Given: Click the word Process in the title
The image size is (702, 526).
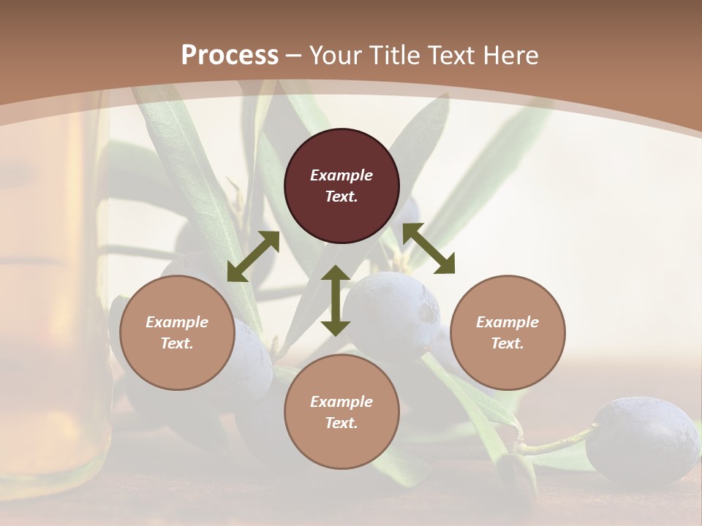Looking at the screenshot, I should [230, 56].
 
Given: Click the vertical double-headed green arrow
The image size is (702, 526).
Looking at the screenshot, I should [336, 301].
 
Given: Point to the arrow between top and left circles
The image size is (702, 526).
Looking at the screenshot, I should [253, 256].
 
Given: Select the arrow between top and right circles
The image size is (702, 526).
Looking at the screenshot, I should [429, 248].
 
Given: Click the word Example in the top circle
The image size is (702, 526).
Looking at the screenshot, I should [341, 175].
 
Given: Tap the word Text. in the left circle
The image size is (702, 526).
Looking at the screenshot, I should [177, 343].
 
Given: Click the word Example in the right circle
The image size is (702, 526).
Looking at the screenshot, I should [507, 322].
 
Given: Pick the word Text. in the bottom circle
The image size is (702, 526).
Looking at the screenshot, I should [341, 423].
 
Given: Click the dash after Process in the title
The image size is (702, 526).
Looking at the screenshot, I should [294, 56].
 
